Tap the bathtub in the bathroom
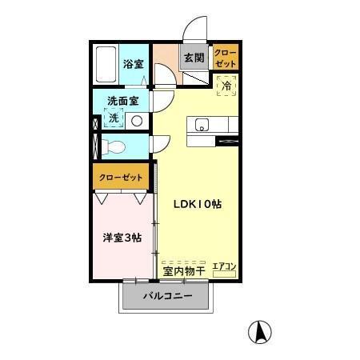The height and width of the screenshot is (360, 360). [106, 64]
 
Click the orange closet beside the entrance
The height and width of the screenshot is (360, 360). [225, 57]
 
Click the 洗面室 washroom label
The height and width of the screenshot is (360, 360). [123, 102]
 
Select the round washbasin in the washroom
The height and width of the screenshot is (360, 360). [136, 121]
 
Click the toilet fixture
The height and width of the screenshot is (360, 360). [114, 146]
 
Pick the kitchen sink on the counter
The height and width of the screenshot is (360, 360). [200, 124]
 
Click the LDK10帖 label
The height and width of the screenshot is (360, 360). [198, 204]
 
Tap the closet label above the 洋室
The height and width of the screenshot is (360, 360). [121, 178]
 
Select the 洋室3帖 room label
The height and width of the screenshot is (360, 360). [122, 237]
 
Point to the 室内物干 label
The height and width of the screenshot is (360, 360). [184, 270]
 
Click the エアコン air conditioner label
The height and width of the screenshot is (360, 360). [224, 267]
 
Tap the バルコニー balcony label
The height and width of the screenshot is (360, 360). [168, 297]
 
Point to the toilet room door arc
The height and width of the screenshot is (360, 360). [162, 143]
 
